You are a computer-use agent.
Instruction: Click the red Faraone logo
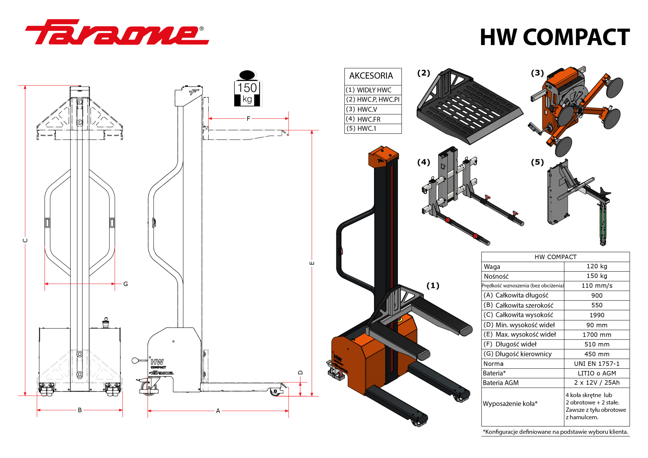(x=117, y=33)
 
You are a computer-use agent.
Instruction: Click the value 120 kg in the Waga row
(x=597, y=266)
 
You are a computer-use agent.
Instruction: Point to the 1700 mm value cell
(x=597, y=335)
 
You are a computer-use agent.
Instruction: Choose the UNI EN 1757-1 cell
(x=597, y=364)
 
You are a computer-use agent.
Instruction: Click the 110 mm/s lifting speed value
(x=597, y=286)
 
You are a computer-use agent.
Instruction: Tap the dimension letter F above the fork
(x=248, y=118)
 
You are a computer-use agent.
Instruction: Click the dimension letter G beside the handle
(x=126, y=284)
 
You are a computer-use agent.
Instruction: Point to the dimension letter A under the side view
(x=218, y=411)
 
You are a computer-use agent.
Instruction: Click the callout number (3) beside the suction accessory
(x=537, y=73)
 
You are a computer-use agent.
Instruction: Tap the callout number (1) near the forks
(x=433, y=286)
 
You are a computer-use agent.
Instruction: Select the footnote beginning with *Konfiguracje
(x=555, y=432)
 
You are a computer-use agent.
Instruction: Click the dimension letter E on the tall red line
(x=312, y=263)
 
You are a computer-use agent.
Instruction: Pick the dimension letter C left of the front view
(x=25, y=240)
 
